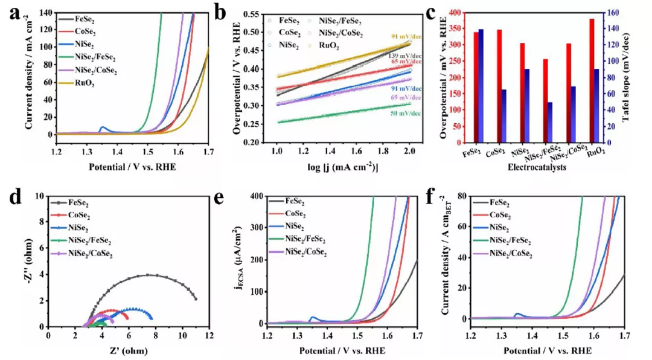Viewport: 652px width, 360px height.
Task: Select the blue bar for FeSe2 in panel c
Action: [x=481, y=86]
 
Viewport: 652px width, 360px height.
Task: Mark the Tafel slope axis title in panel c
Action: [x=642, y=77]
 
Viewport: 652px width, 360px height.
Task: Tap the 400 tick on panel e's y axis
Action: [x=255, y=196]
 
